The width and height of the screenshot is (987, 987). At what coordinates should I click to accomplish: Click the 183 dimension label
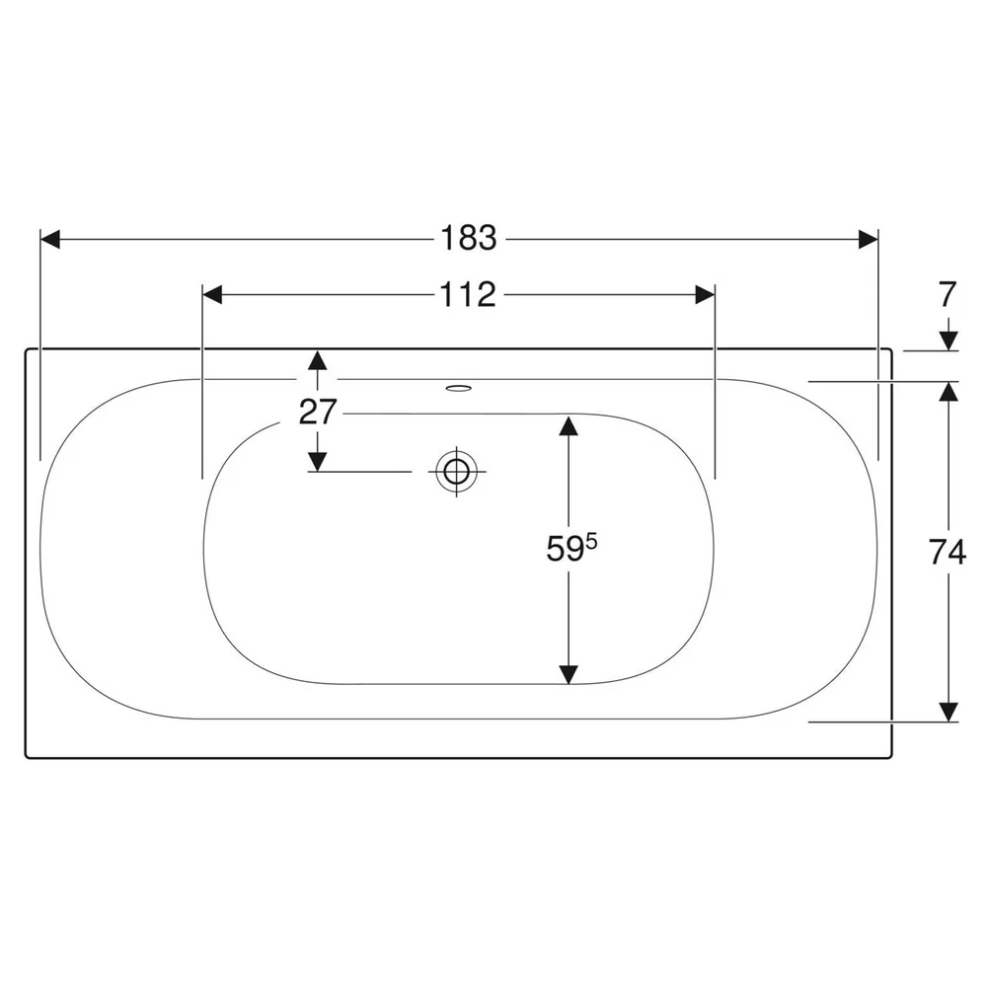468,239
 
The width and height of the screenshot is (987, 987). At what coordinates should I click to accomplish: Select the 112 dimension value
468,294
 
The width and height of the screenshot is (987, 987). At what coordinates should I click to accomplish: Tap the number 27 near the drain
317,413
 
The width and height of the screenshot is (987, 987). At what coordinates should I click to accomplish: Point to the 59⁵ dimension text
571,547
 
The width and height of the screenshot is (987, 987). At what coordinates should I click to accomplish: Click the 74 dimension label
948,553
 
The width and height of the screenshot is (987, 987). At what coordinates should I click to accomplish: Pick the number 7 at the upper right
948,294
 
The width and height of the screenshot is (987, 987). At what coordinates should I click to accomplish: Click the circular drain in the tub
456,471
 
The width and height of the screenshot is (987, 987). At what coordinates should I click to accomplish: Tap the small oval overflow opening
458,388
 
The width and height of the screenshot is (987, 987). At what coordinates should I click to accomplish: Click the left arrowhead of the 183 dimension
50,239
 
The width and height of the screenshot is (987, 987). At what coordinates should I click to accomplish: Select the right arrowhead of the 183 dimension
868,239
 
